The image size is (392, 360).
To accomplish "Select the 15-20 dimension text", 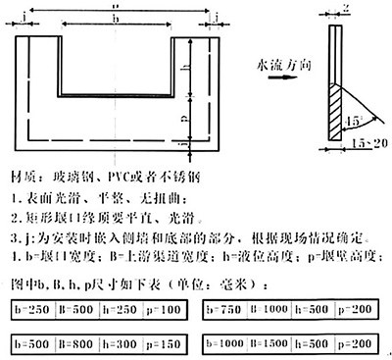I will pos(365,145).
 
